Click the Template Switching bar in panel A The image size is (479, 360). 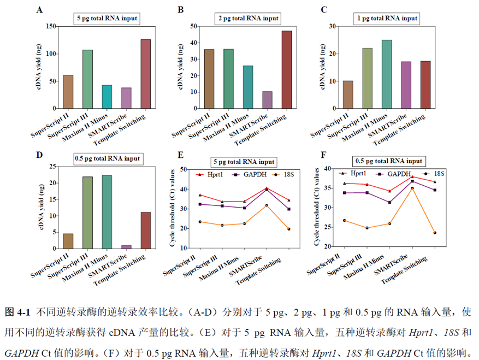(x=145, y=74)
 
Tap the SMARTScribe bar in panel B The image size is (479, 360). (x=267, y=100)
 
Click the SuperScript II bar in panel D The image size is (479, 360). (x=68, y=241)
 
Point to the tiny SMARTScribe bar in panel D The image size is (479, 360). (x=126, y=247)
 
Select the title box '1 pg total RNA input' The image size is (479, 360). (x=387, y=18)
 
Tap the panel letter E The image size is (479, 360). (x=180, y=155)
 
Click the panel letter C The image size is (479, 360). (x=323, y=10)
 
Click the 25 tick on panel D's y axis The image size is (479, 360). (x=54, y=167)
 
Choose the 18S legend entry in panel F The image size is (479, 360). (x=436, y=173)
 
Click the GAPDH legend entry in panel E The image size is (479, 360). (x=251, y=174)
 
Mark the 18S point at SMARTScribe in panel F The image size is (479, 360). (x=412, y=188)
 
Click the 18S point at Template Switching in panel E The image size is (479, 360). (x=288, y=229)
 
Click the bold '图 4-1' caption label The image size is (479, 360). (x=17, y=312)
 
